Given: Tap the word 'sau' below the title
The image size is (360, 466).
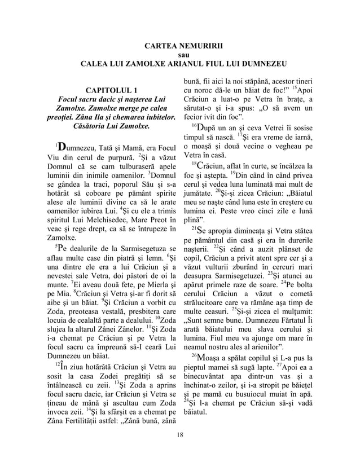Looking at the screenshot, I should tap(180, 55).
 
